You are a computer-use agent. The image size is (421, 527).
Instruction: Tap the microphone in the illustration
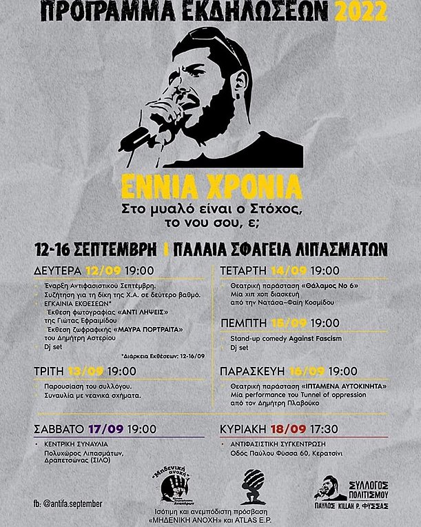click(142, 134)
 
